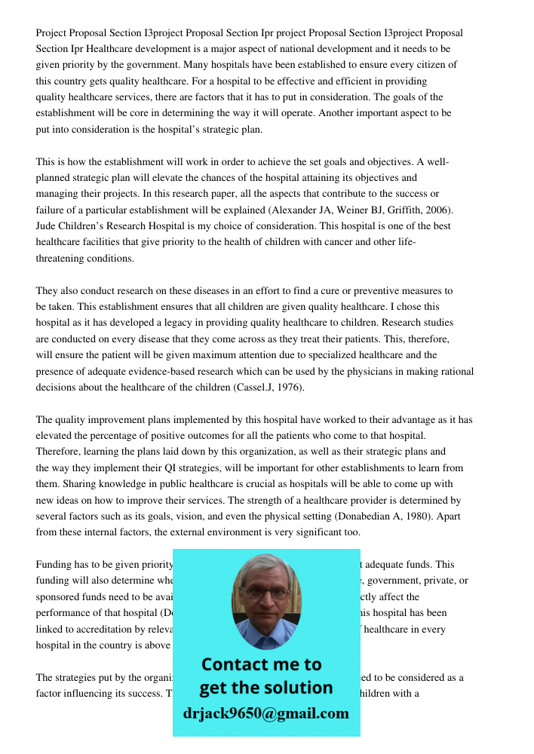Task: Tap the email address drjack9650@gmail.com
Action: click(x=266, y=713)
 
